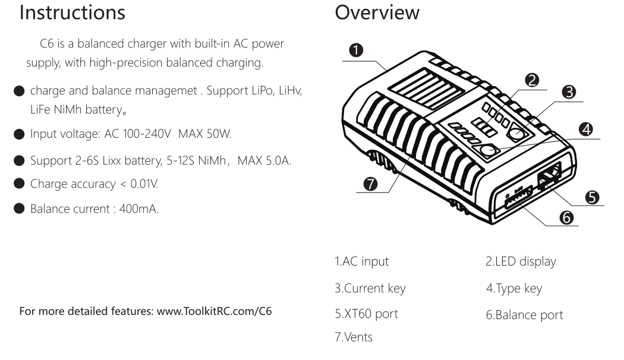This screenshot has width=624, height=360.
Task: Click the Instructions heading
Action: click(x=73, y=13)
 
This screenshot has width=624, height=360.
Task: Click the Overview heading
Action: click(x=377, y=13)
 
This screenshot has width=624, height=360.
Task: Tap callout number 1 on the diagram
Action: click(x=356, y=50)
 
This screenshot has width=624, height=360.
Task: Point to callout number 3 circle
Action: click(x=569, y=91)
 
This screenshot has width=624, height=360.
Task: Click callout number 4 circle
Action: click(x=585, y=128)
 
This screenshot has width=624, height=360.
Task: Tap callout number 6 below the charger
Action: click(x=566, y=217)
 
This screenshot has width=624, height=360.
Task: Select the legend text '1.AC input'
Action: click(x=361, y=261)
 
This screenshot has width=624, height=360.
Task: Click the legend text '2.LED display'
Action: click(x=521, y=261)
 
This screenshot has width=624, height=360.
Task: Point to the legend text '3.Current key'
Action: click(x=369, y=289)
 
